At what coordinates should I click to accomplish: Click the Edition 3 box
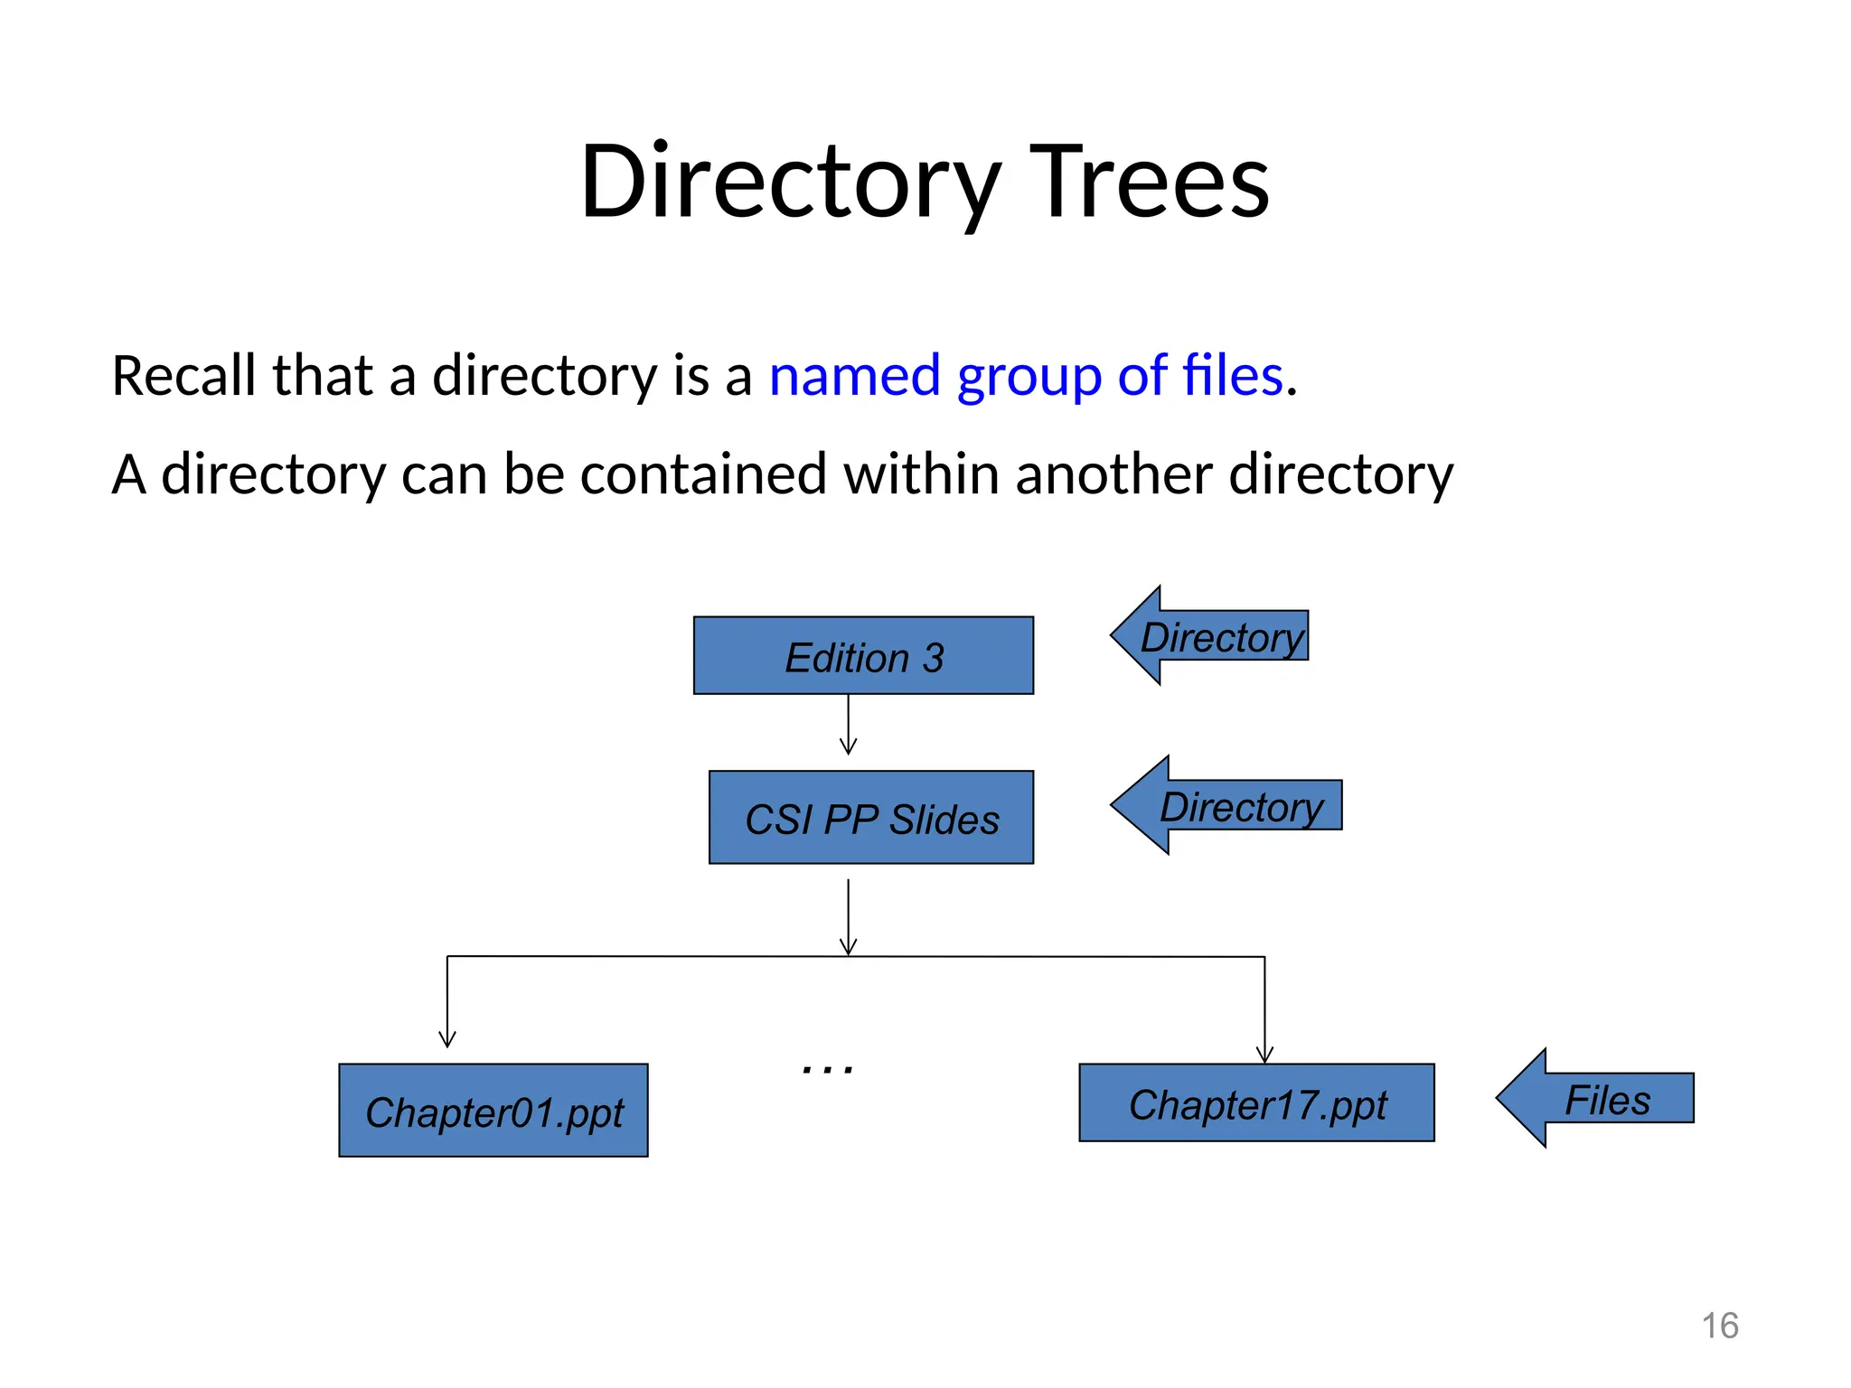coord(863,656)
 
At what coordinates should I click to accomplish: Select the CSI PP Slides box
coord(870,818)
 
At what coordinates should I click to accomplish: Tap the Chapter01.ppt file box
coord(493,1111)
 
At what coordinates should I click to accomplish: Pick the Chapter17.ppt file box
coord(1256,1103)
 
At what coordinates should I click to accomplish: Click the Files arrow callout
coord(1600,1099)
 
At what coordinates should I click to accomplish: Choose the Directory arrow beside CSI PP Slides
coord(1229,805)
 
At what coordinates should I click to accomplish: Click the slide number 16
coord(1719,1326)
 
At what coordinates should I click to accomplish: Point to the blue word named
coord(854,376)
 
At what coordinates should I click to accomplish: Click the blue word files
coord(1233,376)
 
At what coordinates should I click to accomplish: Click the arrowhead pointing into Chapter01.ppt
coord(447,1039)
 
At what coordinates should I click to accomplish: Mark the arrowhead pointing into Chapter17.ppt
coord(1264,1055)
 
